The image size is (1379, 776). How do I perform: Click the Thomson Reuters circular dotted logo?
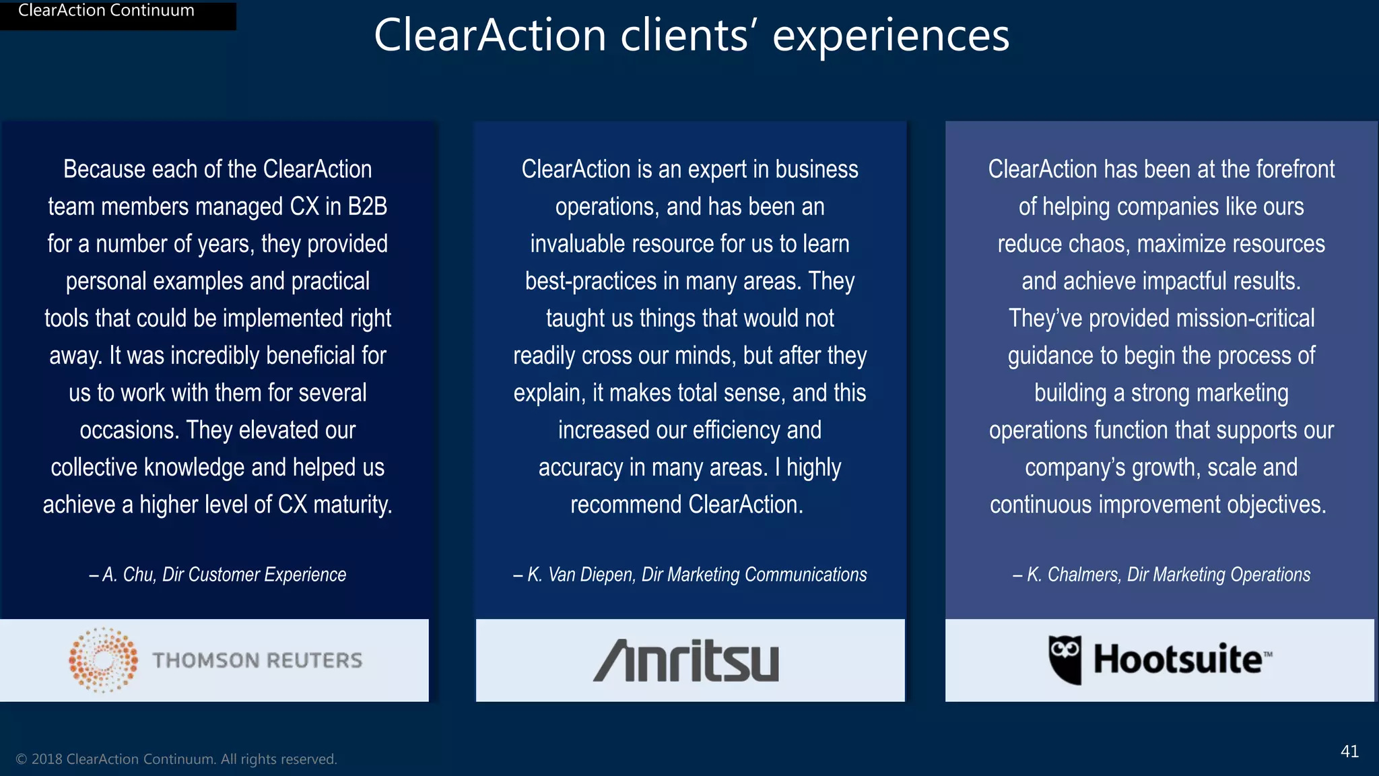(x=103, y=660)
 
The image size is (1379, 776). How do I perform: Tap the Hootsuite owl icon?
(x=1065, y=659)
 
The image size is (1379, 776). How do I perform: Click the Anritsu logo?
(x=686, y=661)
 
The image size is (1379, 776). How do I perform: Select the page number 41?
(x=1349, y=751)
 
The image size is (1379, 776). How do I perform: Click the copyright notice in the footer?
(x=176, y=759)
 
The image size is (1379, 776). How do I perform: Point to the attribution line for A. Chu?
(x=217, y=575)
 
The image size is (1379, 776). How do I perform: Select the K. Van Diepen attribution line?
(x=690, y=575)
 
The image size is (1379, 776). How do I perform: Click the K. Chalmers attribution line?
(x=1162, y=575)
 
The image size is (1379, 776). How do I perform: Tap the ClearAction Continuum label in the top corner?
(x=106, y=11)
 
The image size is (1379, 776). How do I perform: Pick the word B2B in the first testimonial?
(x=368, y=207)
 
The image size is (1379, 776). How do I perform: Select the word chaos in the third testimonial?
(x=1098, y=244)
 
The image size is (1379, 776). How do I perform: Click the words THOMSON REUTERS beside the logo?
(x=257, y=660)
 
